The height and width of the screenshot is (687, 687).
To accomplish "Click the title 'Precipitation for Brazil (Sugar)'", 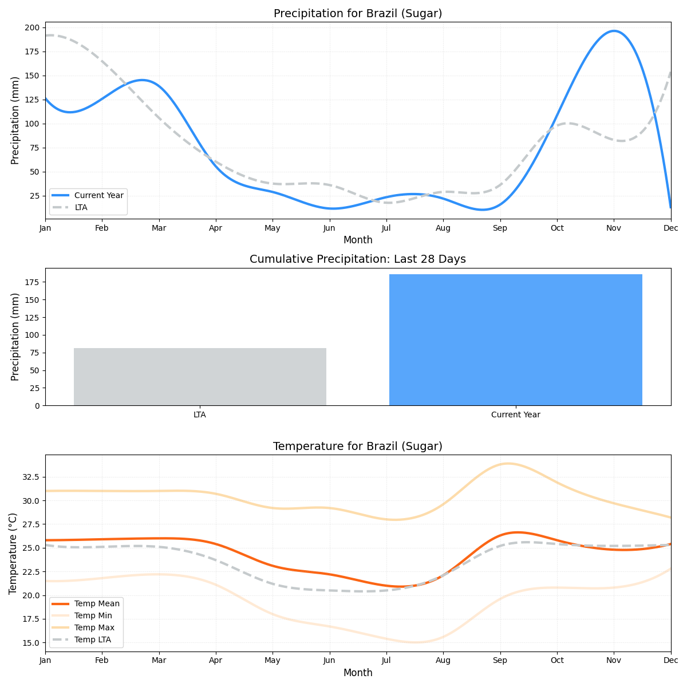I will (x=358, y=13).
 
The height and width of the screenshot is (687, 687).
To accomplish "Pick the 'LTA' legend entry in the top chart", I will (x=81, y=207).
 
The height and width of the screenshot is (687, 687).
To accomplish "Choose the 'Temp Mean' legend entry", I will (x=97, y=603).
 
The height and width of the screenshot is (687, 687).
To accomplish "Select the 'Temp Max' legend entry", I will (x=94, y=627).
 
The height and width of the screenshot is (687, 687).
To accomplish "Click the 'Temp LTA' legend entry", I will (x=93, y=639).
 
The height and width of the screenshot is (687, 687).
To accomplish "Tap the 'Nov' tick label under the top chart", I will (x=614, y=228).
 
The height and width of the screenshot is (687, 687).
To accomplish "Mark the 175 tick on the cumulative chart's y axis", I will (x=31, y=282).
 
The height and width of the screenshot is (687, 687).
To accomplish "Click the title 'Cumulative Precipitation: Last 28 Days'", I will (x=358, y=259).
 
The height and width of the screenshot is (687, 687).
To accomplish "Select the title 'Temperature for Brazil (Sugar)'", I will (x=358, y=446).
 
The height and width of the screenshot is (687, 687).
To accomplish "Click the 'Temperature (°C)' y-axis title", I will (x=13, y=553).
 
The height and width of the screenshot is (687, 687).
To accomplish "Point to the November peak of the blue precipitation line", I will (x=614, y=31).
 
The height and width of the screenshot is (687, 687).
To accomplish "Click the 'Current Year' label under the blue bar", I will (x=515, y=414).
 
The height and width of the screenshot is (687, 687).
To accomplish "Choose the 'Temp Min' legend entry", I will (x=93, y=615).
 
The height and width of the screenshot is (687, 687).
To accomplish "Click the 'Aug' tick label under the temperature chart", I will (x=443, y=661).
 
